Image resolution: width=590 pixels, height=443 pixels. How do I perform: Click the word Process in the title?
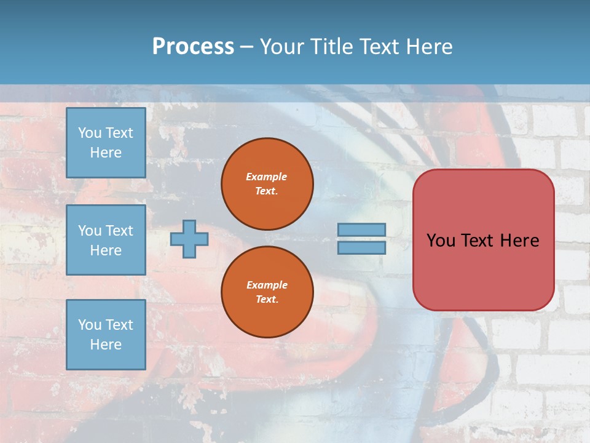coord(193,46)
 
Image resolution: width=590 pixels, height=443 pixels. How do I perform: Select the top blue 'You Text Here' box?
coord(106,143)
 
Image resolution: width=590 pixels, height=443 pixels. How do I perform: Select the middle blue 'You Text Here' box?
coord(106,240)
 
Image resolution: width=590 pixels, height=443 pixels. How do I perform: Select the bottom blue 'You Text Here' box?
coord(106,334)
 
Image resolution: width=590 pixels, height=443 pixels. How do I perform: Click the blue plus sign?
coord(189,239)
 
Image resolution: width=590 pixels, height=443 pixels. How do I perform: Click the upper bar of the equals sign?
coord(362,229)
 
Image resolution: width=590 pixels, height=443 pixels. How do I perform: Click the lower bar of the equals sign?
coord(362,247)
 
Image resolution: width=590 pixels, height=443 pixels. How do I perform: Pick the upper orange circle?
coord(267,184)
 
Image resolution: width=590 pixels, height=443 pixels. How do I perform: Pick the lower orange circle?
coord(267,292)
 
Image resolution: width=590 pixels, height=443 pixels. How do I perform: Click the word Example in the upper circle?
coord(267,177)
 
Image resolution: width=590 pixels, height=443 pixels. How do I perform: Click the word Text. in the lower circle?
coord(267,299)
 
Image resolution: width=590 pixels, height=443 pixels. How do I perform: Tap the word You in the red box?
coord(441,240)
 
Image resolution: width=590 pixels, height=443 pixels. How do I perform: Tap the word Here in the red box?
coord(519,240)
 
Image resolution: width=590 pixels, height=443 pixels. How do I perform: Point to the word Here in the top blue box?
coord(106,153)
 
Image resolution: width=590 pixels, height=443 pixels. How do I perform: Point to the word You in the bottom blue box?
coord(90,324)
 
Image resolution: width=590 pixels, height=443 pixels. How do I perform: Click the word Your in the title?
coord(283,46)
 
